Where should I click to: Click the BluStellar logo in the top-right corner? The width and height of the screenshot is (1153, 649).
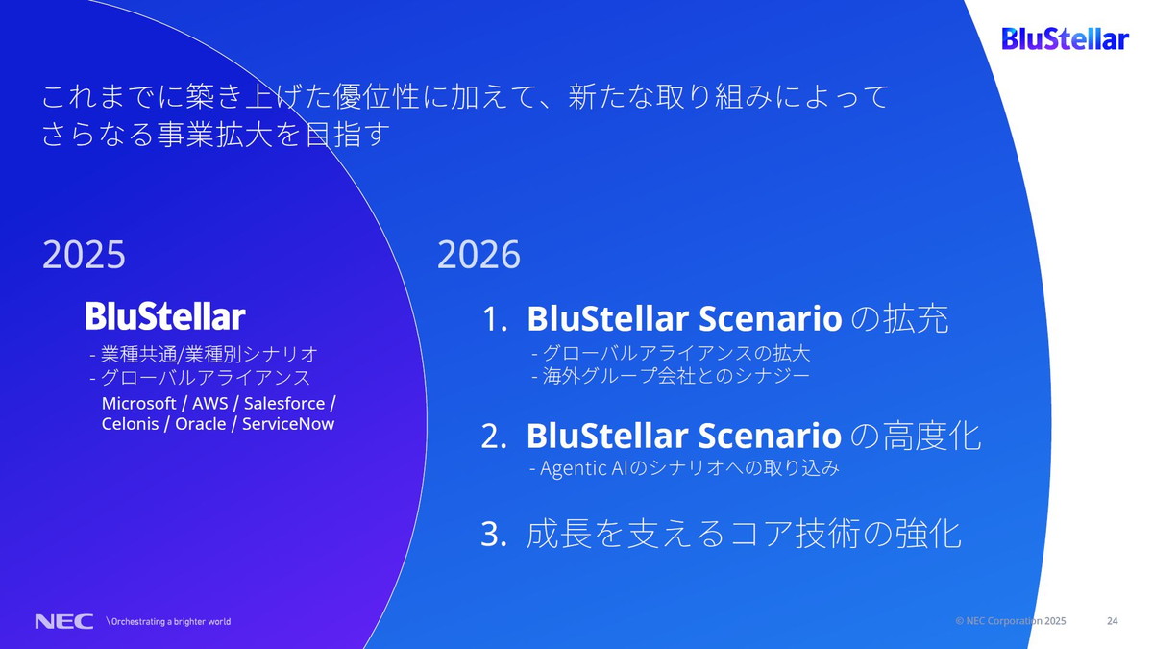tap(1065, 39)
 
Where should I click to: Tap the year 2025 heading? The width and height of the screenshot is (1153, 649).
tap(85, 256)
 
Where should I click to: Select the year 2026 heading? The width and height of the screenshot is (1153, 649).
tap(478, 256)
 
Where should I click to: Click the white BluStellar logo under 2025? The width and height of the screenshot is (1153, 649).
tap(165, 316)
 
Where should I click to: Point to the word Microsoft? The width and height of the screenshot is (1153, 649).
tap(138, 403)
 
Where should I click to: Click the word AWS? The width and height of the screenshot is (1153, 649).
tap(209, 403)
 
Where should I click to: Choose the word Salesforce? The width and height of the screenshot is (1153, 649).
tap(285, 403)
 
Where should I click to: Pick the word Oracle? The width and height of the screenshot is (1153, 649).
tap(200, 424)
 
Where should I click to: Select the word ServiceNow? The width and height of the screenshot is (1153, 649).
tap(288, 424)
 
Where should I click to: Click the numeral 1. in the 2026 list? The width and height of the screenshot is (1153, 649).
tap(494, 320)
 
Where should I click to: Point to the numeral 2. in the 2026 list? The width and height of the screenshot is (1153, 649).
tap(494, 437)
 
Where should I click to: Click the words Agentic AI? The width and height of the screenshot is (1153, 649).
tap(576, 469)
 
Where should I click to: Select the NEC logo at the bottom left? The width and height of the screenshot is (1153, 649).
tap(63, 621)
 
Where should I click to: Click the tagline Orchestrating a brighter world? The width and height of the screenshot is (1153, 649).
tap(169, 621)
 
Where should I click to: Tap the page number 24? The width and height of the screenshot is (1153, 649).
tap(1113, 621)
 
